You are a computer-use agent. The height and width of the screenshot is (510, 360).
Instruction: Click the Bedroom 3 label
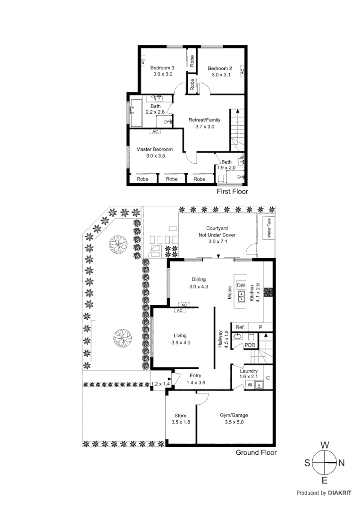coord(162,68)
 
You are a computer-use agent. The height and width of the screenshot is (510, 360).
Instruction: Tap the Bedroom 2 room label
coord(220,68)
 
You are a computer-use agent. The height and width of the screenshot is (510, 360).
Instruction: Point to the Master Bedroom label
coord(155,149)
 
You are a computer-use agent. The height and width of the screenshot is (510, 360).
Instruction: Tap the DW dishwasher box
coord(241,285)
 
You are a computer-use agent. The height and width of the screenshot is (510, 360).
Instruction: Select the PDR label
coord(250,345)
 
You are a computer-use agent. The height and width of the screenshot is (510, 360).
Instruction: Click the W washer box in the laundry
coord(250,385)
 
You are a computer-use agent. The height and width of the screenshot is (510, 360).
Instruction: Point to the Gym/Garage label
coord(234,416)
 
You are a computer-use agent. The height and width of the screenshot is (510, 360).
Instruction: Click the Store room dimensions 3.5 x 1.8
coord(181,422)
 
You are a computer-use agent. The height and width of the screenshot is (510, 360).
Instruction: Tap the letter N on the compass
coord(342,464)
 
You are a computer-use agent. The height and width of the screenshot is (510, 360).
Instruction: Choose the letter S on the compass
coord(307,464)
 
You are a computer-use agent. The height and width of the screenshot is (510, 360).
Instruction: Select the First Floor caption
coord(232,192)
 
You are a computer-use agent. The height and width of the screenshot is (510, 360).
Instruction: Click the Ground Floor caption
coord(256,452)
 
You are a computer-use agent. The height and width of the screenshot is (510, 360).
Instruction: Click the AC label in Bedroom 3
coord(142,61)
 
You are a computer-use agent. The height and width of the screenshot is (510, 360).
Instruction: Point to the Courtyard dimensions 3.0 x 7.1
coord(218,242)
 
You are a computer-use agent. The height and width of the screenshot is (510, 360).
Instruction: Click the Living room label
coord(181,336)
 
